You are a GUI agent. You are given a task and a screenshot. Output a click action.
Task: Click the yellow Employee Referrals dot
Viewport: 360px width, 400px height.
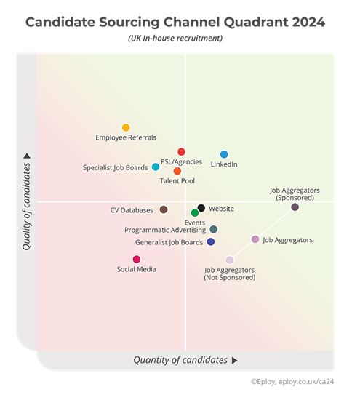(126, 127)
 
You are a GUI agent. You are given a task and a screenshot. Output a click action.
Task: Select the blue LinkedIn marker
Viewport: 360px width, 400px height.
(224, 154)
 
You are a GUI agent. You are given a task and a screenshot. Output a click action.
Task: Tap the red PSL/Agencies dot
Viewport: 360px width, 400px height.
(181, 152)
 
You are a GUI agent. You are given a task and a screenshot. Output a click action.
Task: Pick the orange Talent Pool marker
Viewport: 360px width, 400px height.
(177, 171)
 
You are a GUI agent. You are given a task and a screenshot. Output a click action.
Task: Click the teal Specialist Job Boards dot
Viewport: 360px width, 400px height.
(156, 167)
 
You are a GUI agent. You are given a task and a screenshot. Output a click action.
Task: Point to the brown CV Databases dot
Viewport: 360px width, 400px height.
(164, 209)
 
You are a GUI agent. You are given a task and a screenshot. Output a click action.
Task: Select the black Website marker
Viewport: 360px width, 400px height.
(201, 208)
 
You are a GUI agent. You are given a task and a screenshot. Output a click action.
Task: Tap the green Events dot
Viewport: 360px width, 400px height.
(195, 213)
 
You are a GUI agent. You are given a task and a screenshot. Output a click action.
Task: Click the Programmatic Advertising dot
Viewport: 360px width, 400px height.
(213, 229)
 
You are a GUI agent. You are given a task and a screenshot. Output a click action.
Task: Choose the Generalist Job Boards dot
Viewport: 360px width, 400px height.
(211, 241)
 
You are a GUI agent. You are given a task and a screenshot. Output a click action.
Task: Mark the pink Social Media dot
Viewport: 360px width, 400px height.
(137, 259)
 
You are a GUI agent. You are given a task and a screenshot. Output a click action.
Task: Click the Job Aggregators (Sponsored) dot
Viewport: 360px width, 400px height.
(295, 207)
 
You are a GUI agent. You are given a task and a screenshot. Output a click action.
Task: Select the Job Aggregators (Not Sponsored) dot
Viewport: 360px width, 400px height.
(230, 260)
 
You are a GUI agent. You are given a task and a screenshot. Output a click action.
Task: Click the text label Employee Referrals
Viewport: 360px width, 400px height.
(126, 137)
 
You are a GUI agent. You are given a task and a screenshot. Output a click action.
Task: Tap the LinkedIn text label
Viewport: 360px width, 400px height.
(224, 164)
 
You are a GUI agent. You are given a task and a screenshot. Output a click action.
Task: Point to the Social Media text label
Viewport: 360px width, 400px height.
(137, 269)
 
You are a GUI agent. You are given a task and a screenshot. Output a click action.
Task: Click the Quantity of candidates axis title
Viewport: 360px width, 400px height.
(180, 360)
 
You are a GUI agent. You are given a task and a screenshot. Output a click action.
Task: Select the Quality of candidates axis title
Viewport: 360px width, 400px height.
(27, 206)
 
